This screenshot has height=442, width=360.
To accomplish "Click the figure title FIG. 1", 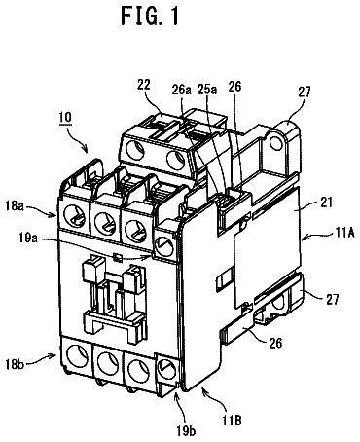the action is click(150, 17).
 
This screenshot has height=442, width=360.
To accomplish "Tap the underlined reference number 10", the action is click(65, 118).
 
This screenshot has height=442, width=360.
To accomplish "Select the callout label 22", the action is click(143, 85).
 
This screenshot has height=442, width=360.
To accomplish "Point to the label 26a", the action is click(181, 90).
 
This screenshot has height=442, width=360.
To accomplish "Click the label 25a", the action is click(206, 90).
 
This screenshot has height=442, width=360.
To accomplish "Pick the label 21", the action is click(327, 203).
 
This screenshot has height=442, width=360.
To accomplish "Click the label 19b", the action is click(187, 431).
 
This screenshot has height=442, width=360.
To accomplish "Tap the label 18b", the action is click(15, 364).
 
